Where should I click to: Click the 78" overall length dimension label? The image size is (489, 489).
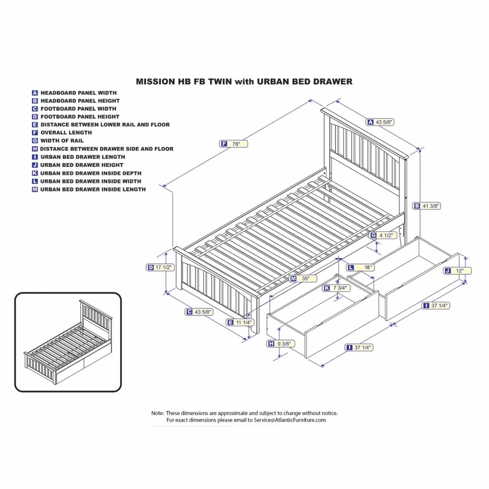click(x=234, y=144)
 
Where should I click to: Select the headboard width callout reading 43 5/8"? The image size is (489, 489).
click(x=380, y=122)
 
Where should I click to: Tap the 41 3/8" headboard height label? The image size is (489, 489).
click(x=427, y=206)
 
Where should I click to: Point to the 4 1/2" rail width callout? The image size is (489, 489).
click(x=384, y=235)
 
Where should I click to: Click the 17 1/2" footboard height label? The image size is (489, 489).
click(x=160, y=268)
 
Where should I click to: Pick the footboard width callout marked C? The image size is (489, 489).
click(x=199, y=312)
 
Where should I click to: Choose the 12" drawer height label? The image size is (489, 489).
click(x=458, y=271)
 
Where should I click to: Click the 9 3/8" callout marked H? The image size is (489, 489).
click(x=281, y=344)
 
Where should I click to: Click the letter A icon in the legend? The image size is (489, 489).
click(x=35, y=93)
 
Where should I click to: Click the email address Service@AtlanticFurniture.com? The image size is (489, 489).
click(x=290, y=420)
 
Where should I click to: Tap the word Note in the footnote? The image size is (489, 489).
click(x=157, y=413)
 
